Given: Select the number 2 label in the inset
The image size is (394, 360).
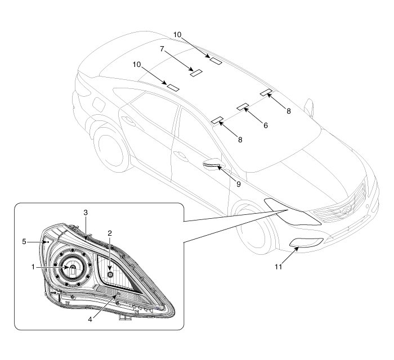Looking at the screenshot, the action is [x=110, y=232].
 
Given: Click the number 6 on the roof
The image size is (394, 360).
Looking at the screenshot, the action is [x=265, y=126].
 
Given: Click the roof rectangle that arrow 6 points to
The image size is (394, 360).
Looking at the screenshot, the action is [x=243, y=106].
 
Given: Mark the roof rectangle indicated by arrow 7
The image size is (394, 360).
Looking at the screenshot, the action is [x=195, y=72].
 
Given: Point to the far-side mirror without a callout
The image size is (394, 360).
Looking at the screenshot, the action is [x=308, y=106].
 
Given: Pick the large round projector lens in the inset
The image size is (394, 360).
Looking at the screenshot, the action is [x=73, y=269].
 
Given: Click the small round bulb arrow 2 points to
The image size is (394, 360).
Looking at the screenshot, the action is [x=110, y=274].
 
